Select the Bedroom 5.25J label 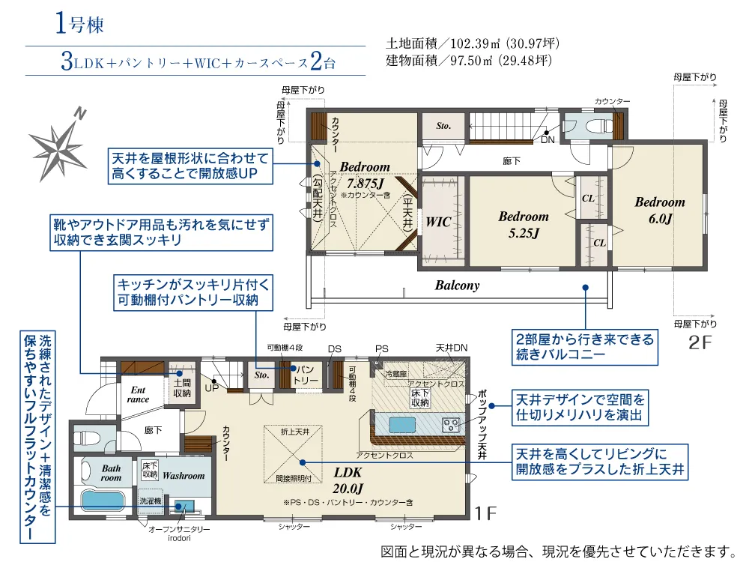(x=524, y=224)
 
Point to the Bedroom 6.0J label (x=660, y=210)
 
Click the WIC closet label (x=438, y=223)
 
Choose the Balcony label (x=457, y=285)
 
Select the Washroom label (x=184, y=476)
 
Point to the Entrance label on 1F (x=139, y=395)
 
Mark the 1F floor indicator (x=486, y=514)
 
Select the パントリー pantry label (x=305, y=375)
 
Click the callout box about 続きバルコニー (x=584, y=347)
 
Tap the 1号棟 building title (x=79, y=24)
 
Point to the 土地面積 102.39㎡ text (x=473, y=44)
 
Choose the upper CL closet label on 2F (x=589, y=199)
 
